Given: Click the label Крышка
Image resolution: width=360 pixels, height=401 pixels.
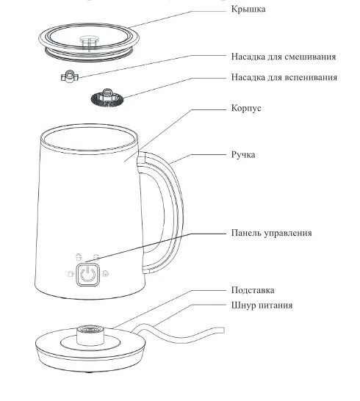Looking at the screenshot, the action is tap(248, 10).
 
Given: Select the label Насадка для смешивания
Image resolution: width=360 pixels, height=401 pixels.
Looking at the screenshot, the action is tap(284, 57).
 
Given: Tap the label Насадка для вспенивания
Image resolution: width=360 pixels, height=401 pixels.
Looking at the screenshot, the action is tap(284, 77).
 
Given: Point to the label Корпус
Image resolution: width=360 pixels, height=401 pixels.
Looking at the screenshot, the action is tap(246, 108).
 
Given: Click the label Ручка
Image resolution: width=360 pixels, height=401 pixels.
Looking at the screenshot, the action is tap(243, 155).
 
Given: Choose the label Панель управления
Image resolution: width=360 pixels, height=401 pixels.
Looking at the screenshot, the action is tap(272, 233).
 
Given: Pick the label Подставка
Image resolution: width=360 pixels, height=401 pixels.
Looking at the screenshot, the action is tap(253, 290).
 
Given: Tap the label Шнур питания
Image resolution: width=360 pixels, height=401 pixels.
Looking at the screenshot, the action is tap(262, 306).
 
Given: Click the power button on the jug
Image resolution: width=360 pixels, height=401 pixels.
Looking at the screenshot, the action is tap(87, 275).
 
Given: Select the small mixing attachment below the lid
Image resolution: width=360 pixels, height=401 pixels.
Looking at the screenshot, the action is tap(70, 76).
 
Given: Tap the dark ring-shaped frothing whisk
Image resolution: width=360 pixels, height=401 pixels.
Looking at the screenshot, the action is tap(107, 98).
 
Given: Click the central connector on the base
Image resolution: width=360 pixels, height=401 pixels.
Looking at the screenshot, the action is tap(90, 335).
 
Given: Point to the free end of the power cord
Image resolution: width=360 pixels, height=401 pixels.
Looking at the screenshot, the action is tap(223, 330).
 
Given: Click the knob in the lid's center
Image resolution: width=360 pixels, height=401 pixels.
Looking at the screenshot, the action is tap(90, 42).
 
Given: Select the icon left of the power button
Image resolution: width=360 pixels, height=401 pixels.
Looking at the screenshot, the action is tap(71, 274).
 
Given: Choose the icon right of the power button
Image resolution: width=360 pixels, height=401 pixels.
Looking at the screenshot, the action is tap(106, 274).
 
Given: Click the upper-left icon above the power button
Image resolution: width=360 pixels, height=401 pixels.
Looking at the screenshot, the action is tap(79, 257).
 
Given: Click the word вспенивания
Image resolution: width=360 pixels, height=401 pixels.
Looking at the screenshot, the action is tap(312, 77).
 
